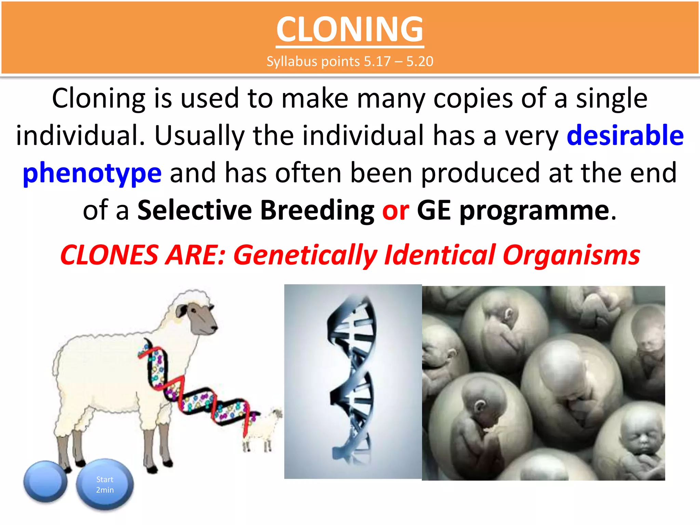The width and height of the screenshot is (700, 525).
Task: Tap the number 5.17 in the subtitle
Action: pos(377,62)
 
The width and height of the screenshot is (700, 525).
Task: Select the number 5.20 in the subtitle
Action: pos(420,62)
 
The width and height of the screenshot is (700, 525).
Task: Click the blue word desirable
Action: pos(625,135)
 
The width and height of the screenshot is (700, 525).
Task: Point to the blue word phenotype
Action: pos(92,173)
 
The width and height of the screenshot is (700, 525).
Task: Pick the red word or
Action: pos(395,210)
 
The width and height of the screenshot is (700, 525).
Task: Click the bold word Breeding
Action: pos(317,210)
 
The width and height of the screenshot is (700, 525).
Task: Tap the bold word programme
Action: pos(534,211)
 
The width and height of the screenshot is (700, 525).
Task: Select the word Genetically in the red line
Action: pos(305,255)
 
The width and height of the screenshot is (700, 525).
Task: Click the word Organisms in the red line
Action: pos(571,255)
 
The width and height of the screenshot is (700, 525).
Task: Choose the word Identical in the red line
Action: pos(440,255)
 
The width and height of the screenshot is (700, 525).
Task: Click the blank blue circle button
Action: pos(45,481)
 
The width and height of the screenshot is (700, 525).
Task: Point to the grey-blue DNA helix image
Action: pos(353,381)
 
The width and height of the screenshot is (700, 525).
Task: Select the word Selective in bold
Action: pos(194,210)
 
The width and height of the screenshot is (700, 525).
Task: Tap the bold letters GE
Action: pos(433,210)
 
